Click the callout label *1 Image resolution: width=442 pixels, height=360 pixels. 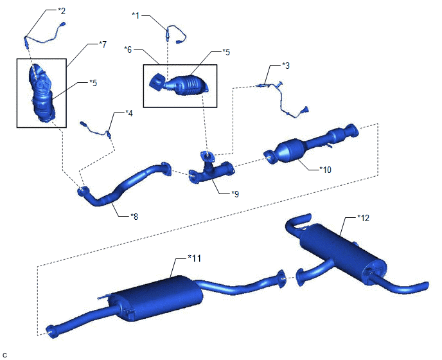tap(136, 15)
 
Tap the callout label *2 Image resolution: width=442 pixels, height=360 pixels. tap(62, 11)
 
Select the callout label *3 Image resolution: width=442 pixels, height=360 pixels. tap(285, 66)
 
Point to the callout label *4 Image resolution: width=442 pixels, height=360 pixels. tap(129, 113)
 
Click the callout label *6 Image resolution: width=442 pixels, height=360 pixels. tap(128, 50)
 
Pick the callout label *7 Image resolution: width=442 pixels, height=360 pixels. tap(103, 44)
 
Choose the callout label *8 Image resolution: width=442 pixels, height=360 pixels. tap(134, 217)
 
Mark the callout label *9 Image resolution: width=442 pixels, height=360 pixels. tap(235, 194)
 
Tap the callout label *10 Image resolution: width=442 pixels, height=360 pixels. tap(325, 170)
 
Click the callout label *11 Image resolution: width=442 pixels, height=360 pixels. tap(194, 258)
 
